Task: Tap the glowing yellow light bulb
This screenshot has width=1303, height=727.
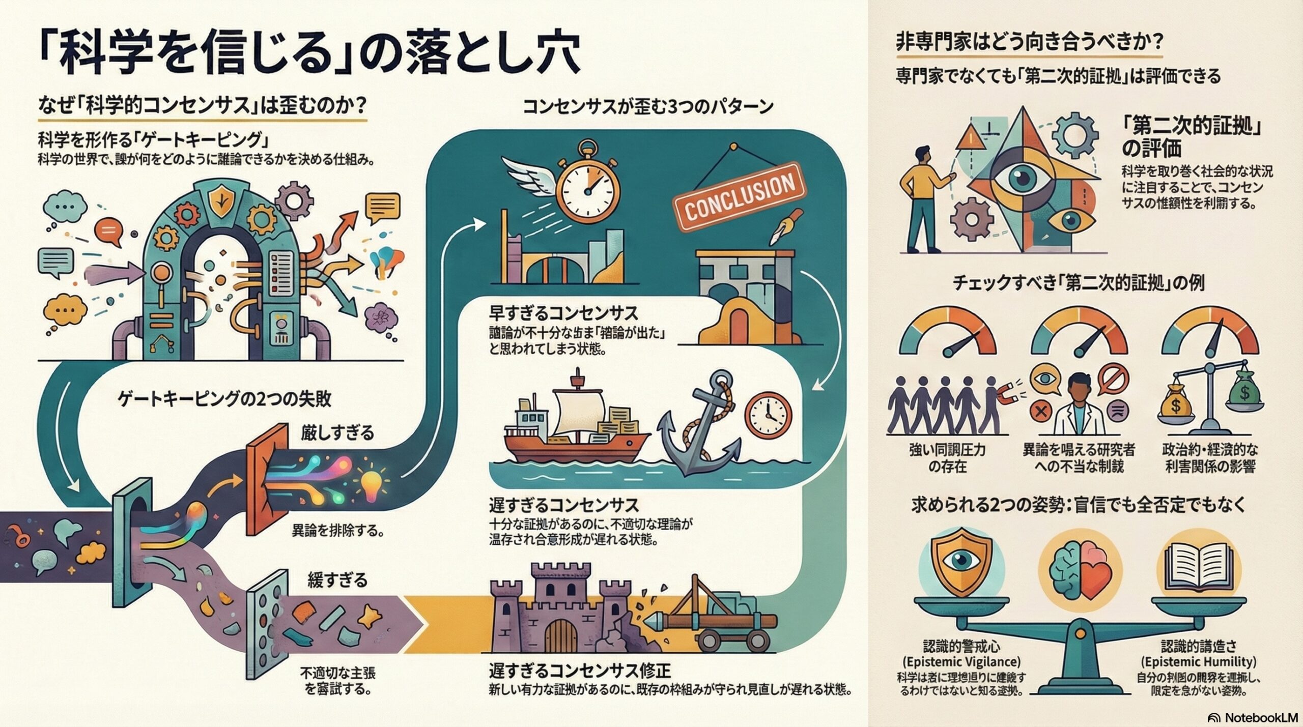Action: (372, 483)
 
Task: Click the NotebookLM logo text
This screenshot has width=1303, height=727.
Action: (1260, 717)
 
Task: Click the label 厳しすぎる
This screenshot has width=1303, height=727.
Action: (337, 433)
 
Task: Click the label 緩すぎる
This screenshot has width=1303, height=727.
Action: (337, 579)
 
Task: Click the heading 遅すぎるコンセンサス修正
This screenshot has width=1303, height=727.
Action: (580, 671)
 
